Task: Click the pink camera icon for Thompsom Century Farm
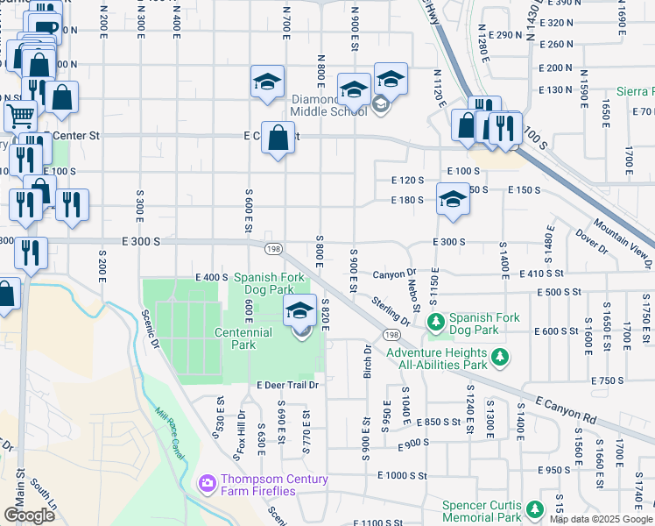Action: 208,482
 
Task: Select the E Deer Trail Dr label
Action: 286,385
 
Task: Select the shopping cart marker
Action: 20,116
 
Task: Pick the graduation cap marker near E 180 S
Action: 453,199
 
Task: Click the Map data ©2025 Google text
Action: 601,519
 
